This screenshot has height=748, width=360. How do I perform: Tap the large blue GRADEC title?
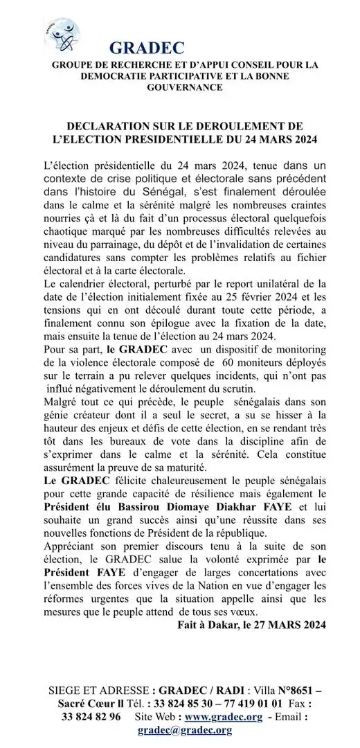tap(147, 48)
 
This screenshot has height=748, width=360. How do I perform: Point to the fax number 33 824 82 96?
tap(91, 715)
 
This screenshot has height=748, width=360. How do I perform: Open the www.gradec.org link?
tap(222, 715)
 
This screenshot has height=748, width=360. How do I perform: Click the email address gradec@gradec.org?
tap(184, 729)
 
